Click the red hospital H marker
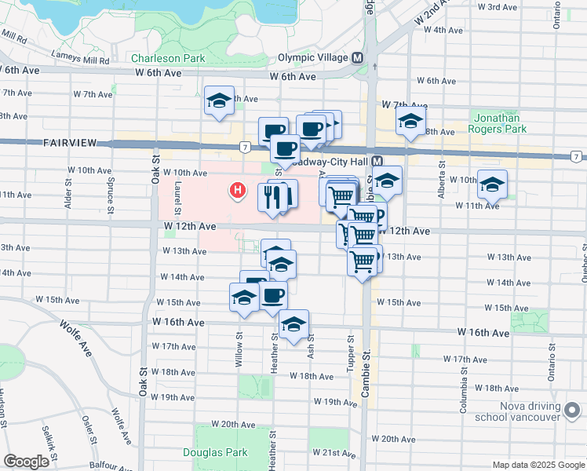(x=236, y=191)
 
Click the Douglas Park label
(x=215, y=452)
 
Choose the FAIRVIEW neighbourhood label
(x=70, y=143)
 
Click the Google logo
(x=27, y=462)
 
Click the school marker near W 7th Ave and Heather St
(x=220, y=100)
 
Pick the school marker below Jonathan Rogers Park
(x=410, y=122)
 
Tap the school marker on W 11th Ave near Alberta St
(x=492, y=186)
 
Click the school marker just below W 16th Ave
(x=293, y=324)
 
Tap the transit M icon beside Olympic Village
(x=358, y=58)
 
